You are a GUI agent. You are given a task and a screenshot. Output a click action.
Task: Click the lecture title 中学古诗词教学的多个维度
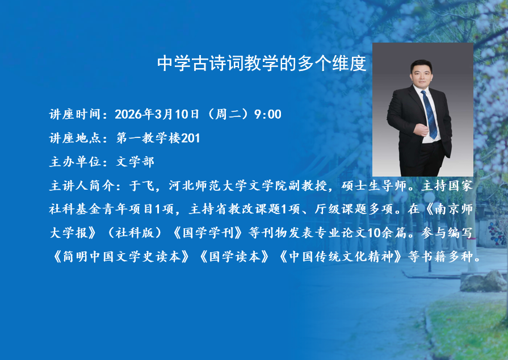coord(262,63)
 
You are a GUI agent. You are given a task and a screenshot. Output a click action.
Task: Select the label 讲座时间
coord(75,114)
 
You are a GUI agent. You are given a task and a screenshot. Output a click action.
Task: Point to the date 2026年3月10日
coord(157,114)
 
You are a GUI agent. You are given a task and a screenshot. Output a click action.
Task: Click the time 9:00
coord(267,114)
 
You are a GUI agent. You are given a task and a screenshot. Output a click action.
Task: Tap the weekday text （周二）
coord(226,114)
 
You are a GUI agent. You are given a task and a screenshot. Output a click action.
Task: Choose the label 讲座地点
coord(75,138)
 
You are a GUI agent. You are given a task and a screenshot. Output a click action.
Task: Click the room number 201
coord(190,138)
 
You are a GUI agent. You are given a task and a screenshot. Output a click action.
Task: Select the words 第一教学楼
coord(148,138)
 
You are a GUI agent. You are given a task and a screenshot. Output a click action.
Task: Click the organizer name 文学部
coord(135,162)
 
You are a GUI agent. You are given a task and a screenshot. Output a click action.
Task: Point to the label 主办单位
coord(75,162)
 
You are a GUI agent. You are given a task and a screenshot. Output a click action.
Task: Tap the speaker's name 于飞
coord(142,185)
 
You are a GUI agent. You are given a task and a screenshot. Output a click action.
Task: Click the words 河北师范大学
coord(208,185)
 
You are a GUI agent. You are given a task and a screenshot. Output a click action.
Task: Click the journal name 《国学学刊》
coord(208,233)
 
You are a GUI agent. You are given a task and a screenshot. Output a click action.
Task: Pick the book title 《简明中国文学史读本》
coord(121,256)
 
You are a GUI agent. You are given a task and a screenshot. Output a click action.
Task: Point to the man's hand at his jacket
coord(421,129)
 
